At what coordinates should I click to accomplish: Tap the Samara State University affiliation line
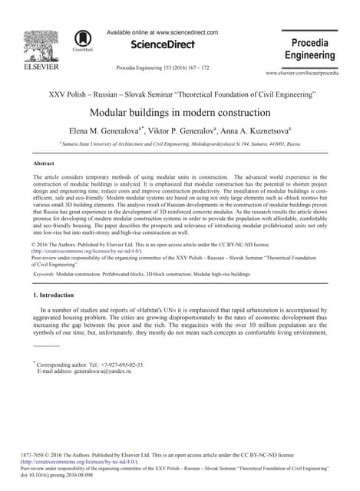point(180,143)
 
